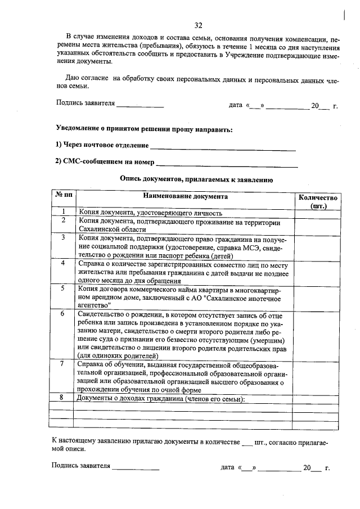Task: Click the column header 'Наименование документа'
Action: [x=185, y=197]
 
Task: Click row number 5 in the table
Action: [x=63, y=287]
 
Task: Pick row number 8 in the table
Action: [x=63, y=398]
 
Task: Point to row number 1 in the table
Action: [x=63, y=212]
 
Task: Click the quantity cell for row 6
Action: [x=317, y=334]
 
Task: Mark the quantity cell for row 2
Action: [x=317, y=226]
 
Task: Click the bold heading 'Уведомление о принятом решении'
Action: [x=116, y=129]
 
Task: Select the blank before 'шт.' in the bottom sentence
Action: [x=247, y=443]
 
